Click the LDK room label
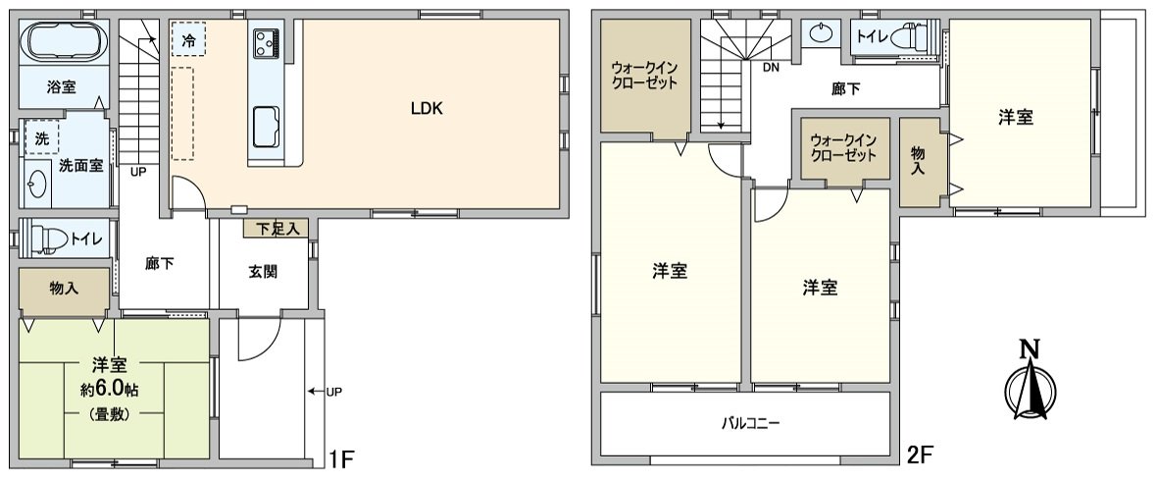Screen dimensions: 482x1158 [x=427, y=109]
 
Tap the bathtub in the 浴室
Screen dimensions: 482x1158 [x=63, y=42]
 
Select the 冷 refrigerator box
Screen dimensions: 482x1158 [x=188, y=41]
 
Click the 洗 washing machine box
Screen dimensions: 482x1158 [x=41, y=138]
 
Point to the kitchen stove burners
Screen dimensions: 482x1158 [x=266, y=42]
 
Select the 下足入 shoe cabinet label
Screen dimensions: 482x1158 [x=276, y=229]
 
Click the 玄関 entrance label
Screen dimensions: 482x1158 [x=263, y=271]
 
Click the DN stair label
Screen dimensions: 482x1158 [x=772, y=67]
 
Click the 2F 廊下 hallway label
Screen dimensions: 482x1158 [x=845, y=89]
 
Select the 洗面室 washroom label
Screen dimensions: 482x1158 [x=80, y=166]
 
